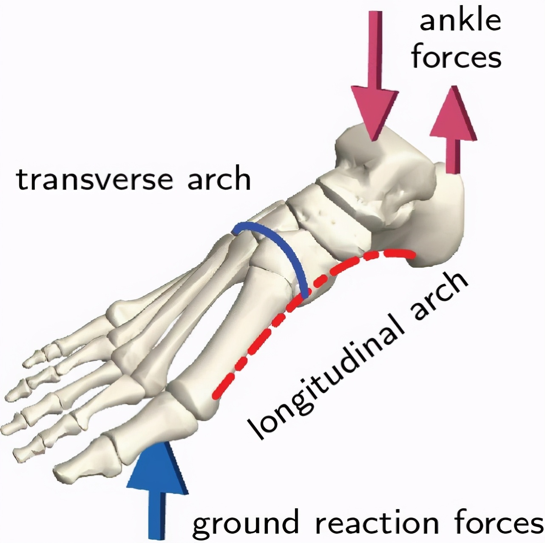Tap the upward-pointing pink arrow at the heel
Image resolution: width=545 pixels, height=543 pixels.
[453, 130]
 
